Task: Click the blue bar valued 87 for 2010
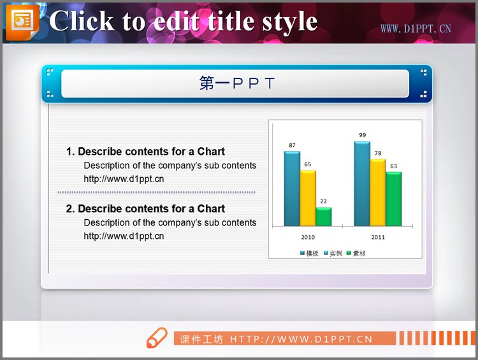(x=292, y=189)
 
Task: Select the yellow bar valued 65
(x=308, y=198)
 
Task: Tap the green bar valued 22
(x=324, y=217)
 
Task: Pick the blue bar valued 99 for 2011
(x=361, y=184)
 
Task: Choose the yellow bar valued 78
(x=377, y=192)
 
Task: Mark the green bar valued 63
(x=393, y=199)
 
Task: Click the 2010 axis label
(x=308, y=238)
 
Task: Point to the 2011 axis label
(x=378, y=238)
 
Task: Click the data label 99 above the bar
(x=362, y=135)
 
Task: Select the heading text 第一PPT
(x=236, y=83)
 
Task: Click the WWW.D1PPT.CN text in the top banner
(x=416, y=29)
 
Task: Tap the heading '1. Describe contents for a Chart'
(x=145, y=152)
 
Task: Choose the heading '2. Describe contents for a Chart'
(x=145, y=209)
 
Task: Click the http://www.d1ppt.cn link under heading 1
(x=124, y=179)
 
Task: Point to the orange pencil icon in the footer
(x=156, y=338)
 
